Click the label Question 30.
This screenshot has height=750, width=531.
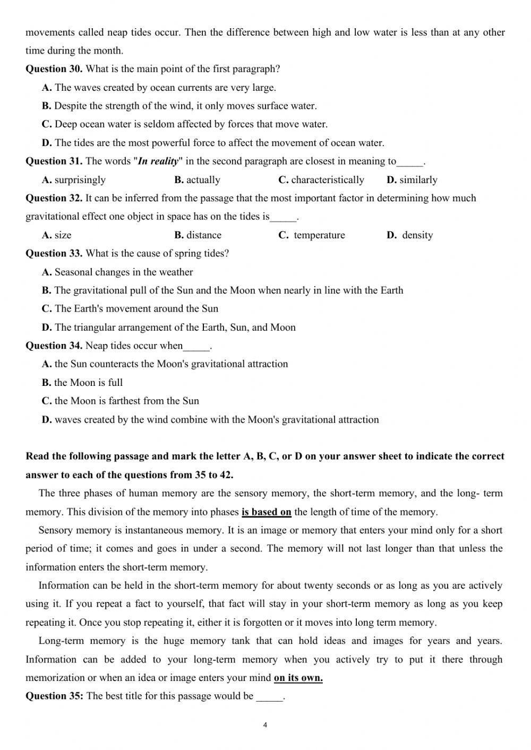pyautogui.click(x=54, y=69)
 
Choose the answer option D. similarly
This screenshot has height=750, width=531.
pyautogui.click(x=412, y=180)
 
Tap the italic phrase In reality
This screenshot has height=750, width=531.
pyautogui.click(x=158, y=161)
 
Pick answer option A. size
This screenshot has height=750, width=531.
pyautogui.click(x=56, y=235)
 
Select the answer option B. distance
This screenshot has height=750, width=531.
pyautogui.click(x=198, y=235)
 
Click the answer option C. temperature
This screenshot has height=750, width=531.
pyautogui.click(x=312, y=235)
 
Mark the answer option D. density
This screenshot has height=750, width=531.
pyautogui.click(x=410, y=235)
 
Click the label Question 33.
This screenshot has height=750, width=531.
pyautogui.click(x=54, y=254)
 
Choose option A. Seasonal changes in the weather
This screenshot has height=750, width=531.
pyautogui.click(x=117, y=272)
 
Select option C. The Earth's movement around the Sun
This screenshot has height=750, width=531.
pyautogui.click(x=130, y=309)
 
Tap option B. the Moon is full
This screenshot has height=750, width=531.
pyautogui.click(x=82, y=383)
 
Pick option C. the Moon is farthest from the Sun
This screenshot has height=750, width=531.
pyautogui.click(x=121, y=401)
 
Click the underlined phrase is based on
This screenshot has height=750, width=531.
pyautogui.click(x=266, y=512)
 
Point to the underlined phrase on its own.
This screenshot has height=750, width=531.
pyautogui.click(x=298, y=678)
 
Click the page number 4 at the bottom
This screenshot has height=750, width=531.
pyautogui.click(x=265, y=725)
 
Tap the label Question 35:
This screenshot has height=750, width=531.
pyautogui.click(x=54, y=696)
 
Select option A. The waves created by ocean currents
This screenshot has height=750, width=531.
pyautogui.click(x=159, y=88)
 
